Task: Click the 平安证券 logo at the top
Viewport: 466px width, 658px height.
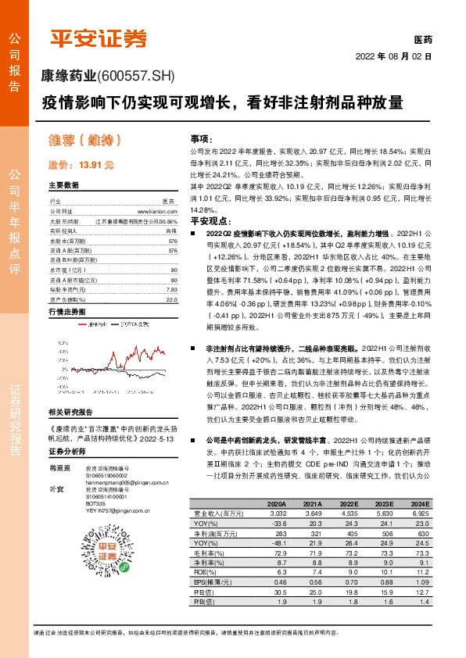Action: click(x=98, y=38)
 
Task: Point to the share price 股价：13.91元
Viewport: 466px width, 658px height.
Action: click(x=81, y=166)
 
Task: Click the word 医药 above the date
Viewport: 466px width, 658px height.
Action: click(x=422, y=40)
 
